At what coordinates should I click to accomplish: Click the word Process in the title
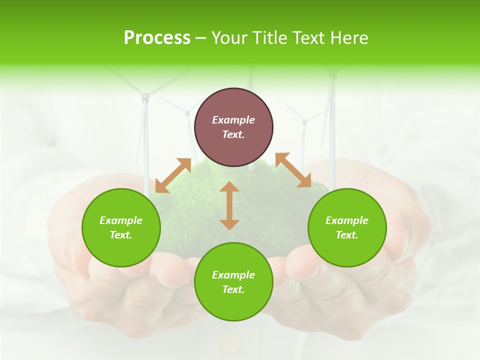tap(157, 38)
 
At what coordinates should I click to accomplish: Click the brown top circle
tap(233, 127)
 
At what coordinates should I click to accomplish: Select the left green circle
tap(121, 227)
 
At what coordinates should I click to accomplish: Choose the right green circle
tap(347, 227)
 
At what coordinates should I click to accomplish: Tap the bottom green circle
tap(233, 282)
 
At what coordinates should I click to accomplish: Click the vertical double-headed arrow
tap(229, 205)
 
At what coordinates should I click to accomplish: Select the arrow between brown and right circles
tap(293, 170)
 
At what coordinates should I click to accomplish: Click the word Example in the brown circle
tap(233, 120)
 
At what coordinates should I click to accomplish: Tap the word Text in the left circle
tap(121, 235)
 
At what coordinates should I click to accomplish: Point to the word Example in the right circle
tap(347, 220)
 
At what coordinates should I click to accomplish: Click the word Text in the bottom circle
tap(233, 289)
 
